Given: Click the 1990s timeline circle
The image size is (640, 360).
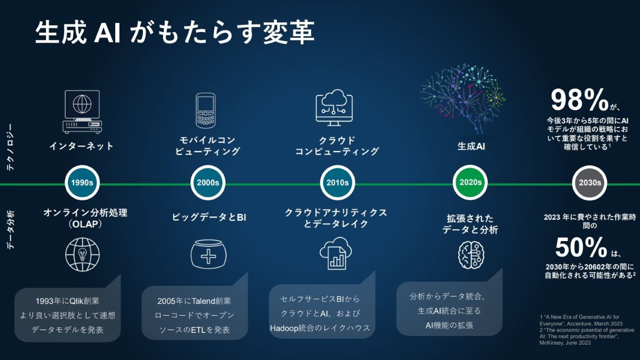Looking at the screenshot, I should click(82, 182).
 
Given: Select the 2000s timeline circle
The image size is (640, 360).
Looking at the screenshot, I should click(208, 182).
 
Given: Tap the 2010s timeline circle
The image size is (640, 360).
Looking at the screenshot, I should click(338, 182).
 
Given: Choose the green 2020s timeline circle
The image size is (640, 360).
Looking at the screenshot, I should click(470, 182).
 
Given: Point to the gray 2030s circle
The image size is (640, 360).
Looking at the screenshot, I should click(590, 182).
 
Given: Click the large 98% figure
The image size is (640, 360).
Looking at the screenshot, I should click(579, 100).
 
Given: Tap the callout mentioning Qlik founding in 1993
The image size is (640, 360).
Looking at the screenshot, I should click(67, 315).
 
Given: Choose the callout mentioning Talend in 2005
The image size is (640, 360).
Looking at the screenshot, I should click(195, 315).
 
